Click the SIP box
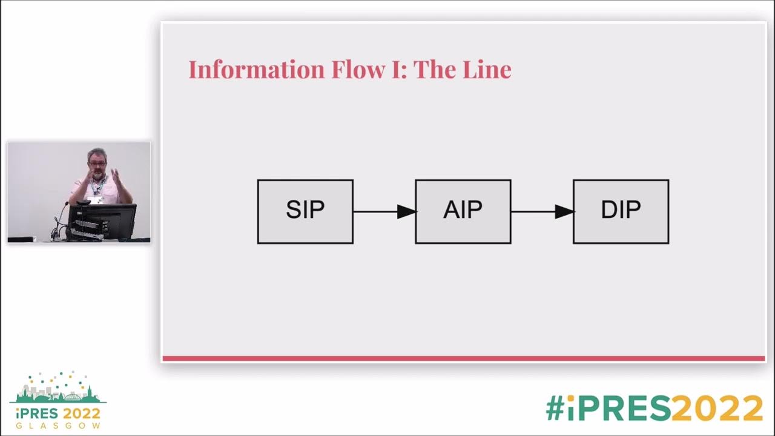tap(305, 211)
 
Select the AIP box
tap(463, 211)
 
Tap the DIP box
tap(621, 211)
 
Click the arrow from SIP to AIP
tap(384, 211)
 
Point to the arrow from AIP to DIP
tap(542, 211)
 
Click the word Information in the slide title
tap(257, 70)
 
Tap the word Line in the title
tap(487, 70)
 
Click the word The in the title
tap(435, 70)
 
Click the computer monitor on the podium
tap(102, 220)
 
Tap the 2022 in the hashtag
tap(717, 409)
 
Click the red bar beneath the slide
tap(463, 358)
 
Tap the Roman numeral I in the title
tap(397, 70)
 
